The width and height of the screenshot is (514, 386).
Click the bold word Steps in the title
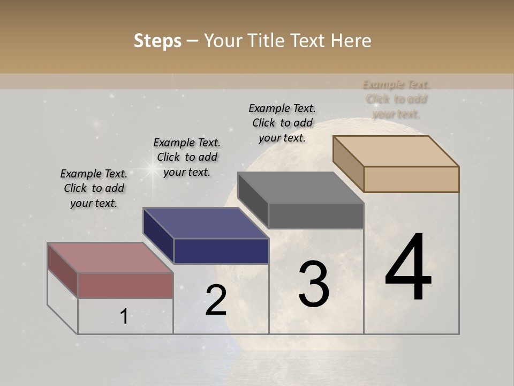point(157,41)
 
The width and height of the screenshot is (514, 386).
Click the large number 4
point(408,268)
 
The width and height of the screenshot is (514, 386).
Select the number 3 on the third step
point(314,284)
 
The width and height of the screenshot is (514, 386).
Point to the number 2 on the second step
point(216,300)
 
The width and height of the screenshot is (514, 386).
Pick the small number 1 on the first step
point(124,317)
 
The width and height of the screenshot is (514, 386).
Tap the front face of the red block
point(125,285)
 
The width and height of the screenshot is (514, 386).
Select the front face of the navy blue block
point(221,251)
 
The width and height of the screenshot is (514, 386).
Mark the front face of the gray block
point(316,216)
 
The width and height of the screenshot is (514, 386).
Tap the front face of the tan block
point(411,179)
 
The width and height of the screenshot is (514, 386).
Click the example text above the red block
point(94,188)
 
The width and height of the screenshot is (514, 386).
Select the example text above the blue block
point(187,157)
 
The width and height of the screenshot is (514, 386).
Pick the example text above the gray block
point(282,123)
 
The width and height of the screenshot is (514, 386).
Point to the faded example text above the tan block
point(397,99)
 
